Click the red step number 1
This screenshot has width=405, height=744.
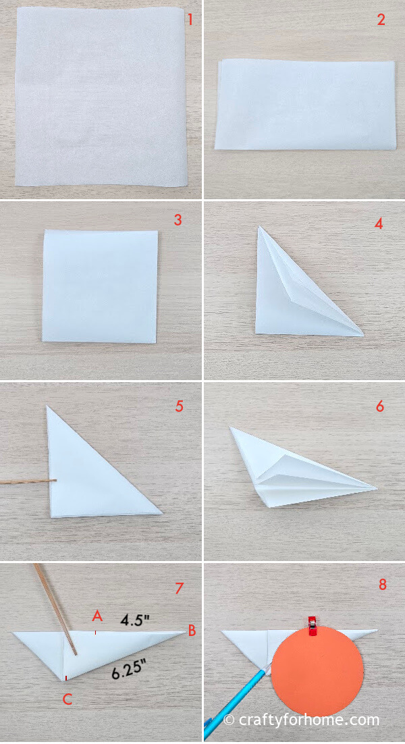coord(190,20)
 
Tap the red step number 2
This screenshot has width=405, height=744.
coord(381,20)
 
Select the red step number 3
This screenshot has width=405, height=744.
coord(178,219)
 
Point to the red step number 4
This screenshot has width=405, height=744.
coord(378,223)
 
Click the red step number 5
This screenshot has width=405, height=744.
coord(180,406)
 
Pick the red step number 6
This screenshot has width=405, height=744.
coord(379,406)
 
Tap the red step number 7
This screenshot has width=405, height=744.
coord(179,588)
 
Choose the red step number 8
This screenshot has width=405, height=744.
coord(382,585)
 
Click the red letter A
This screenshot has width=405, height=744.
coord(97,616)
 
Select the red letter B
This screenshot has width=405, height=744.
coord(192,631)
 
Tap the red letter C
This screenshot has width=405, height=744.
coord(67,699)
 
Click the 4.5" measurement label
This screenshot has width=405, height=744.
coord(135,620)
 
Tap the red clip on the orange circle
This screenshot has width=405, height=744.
coord(313,626)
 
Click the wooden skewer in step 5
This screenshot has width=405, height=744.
coord(28,482)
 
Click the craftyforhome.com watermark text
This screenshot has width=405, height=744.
coord(301,720)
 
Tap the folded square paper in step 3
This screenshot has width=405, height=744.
coord(101,286)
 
